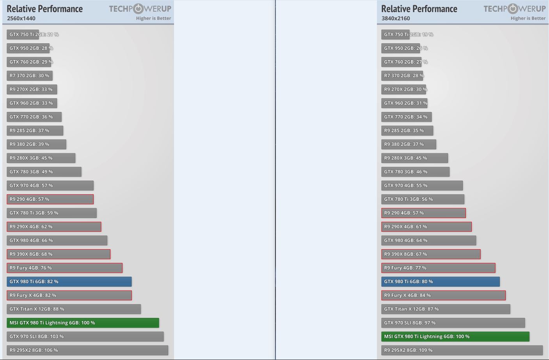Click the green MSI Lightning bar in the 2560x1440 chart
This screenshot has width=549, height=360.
(x=83, y=323)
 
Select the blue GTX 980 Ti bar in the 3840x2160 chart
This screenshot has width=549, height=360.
(x=440, y=282)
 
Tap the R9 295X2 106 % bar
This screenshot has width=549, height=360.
(x=87, y=350)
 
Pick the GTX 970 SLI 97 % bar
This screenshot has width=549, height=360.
(x=453, y=323)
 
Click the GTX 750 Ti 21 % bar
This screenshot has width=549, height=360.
(x=23, y=35)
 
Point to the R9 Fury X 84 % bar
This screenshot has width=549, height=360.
(x=443, y=295)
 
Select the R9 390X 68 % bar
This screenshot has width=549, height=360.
(x=59, y=254)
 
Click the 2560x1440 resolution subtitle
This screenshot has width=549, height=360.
(x=21, y=18)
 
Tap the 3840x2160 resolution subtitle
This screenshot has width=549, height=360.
(x=396, y=18)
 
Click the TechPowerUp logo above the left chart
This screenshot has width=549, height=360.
(x=140, y=9)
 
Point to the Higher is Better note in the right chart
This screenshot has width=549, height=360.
(x=528, y=18)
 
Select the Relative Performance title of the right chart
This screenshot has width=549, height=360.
(x=419, y=9)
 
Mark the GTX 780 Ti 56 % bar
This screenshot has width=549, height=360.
(x=423, y=199)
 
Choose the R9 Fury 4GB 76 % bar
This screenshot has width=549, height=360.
(x=64, y=268)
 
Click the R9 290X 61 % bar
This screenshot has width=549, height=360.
(x=426, y=227)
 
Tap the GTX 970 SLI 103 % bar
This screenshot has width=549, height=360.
(x=85, y=337)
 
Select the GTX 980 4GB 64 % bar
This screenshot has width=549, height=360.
(x=428, y=241)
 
